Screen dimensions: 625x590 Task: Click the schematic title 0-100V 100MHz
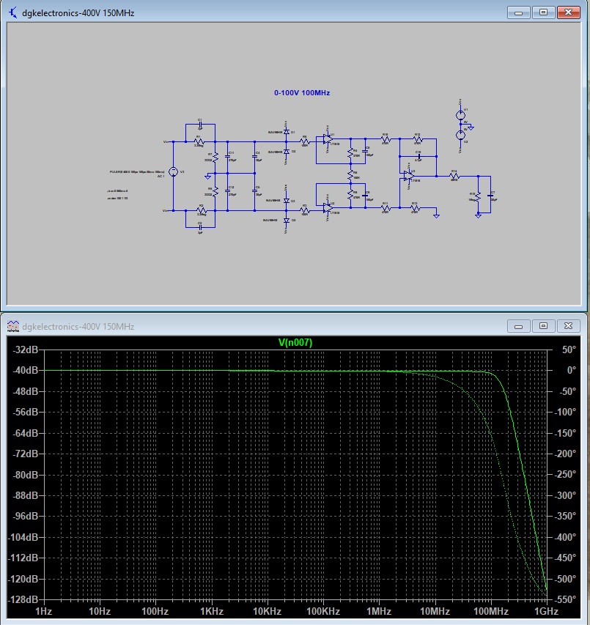[x=302, y=93]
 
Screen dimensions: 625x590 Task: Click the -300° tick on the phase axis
[x=567, y=495]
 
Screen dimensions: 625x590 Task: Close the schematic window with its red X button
[x=568, y=12]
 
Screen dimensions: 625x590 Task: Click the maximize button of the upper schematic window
[x=543, y=12]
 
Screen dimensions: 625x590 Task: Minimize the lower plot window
[x=519, y=325]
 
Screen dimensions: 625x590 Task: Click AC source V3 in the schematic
[x=173, y=172]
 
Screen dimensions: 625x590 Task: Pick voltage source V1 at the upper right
[x=461, y=114]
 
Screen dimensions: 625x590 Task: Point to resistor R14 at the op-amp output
[x=454, y=176]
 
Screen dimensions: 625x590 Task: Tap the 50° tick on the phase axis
[x=569, y=350]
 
